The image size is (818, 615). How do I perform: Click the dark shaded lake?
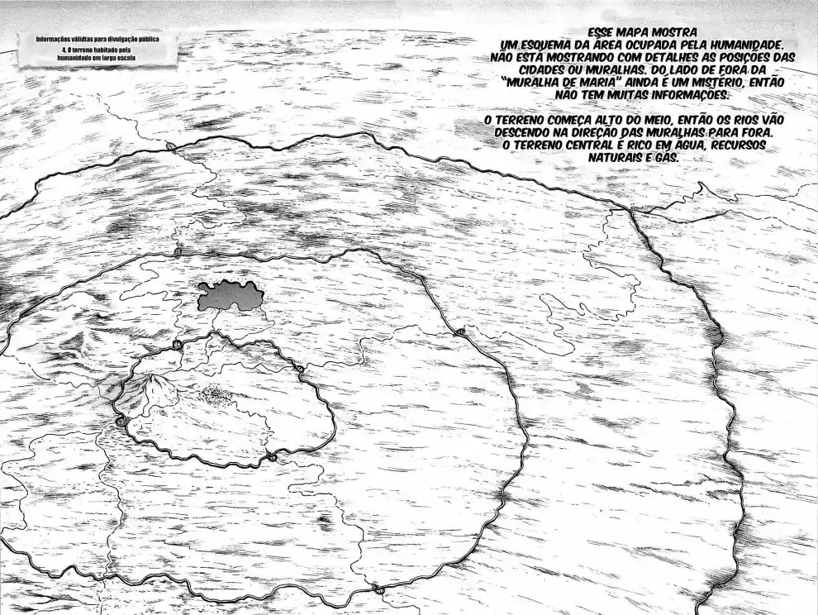point(230,295)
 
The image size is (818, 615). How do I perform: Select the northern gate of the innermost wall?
point(178,345)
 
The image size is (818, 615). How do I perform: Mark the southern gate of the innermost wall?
point(270,457)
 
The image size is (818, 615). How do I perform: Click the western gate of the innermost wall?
point(121,422)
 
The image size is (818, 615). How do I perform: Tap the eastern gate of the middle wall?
point(459,332)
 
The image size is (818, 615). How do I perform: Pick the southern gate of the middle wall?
point(377,589)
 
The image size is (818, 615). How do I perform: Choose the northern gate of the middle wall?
point(178,251)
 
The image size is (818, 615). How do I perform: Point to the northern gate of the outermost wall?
point(170,146)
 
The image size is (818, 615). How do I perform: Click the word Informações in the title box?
point(55,39)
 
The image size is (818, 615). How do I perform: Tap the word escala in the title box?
point(123,59)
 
